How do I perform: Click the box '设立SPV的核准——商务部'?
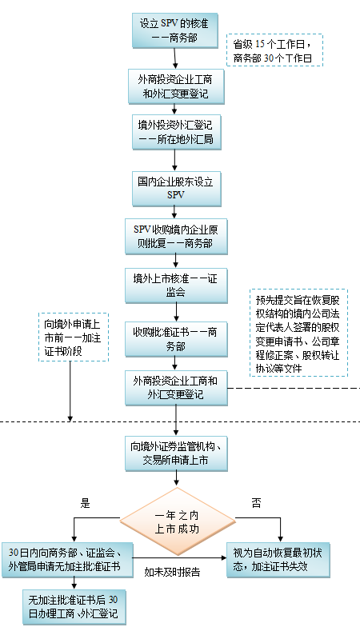174,30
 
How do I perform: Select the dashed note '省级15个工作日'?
274,50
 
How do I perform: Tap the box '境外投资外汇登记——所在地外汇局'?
177,132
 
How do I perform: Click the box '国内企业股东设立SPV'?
177,189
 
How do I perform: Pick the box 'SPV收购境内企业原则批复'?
176,236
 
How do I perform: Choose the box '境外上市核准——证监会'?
176,286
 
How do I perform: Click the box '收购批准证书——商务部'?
176,339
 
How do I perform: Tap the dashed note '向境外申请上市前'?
74,337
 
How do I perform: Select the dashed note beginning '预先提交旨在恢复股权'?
298,333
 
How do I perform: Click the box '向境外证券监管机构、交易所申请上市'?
176,453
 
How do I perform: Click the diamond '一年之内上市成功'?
177,522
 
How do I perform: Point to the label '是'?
85,503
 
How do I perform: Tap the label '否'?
256,503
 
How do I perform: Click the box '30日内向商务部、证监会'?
67,560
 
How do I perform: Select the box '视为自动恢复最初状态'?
278,560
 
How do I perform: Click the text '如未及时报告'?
172,573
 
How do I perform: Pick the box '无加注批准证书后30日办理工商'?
74,607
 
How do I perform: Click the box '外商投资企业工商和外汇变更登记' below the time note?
176,86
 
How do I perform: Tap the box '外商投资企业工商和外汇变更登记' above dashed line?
176,388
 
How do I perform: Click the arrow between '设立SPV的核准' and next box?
175,58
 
